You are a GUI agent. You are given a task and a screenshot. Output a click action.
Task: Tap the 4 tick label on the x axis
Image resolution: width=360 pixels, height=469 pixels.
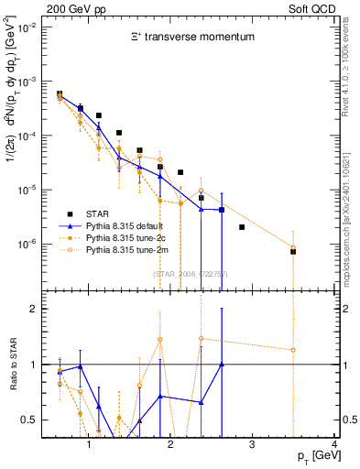(334, 444)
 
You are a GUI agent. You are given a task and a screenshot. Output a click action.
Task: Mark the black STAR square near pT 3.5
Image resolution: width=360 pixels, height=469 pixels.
(293, 251)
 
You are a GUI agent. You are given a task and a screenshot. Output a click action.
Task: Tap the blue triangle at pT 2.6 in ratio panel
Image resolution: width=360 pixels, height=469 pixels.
(222, 365)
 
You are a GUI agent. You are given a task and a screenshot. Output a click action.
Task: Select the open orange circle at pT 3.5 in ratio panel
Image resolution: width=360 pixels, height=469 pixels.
(293, 349)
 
